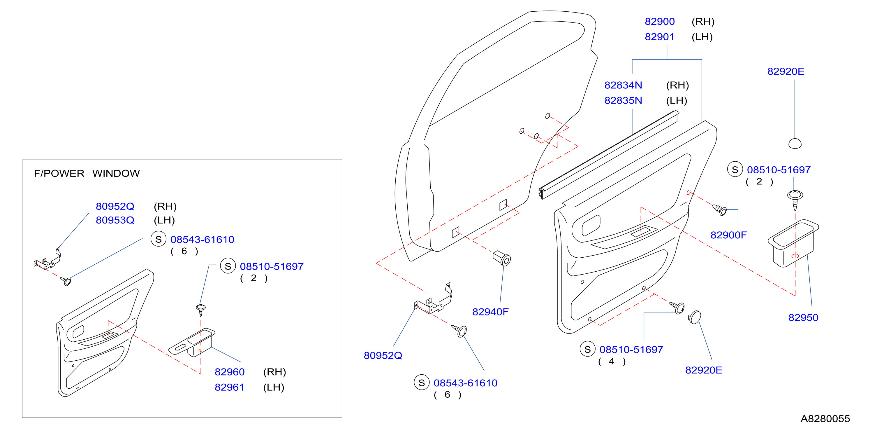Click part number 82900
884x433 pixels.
pos(660,22)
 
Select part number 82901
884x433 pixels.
pos(660,37)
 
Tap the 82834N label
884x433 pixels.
pos(623,85)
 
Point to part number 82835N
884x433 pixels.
pos(623,101)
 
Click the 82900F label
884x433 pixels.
pos(728,235)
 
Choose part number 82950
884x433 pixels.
pos(803,317)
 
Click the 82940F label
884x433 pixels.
pos(490,312)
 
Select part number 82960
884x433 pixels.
pos(230,372)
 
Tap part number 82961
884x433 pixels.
pos(230,387)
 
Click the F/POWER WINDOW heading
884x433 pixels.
pos(87,173)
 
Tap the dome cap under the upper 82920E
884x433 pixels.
pos(795,143)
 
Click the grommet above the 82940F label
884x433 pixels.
pos(502,259)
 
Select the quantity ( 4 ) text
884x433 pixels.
pos(612,362)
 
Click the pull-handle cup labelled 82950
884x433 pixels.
pos(793,243)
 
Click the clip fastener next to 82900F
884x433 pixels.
pos(720,209)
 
